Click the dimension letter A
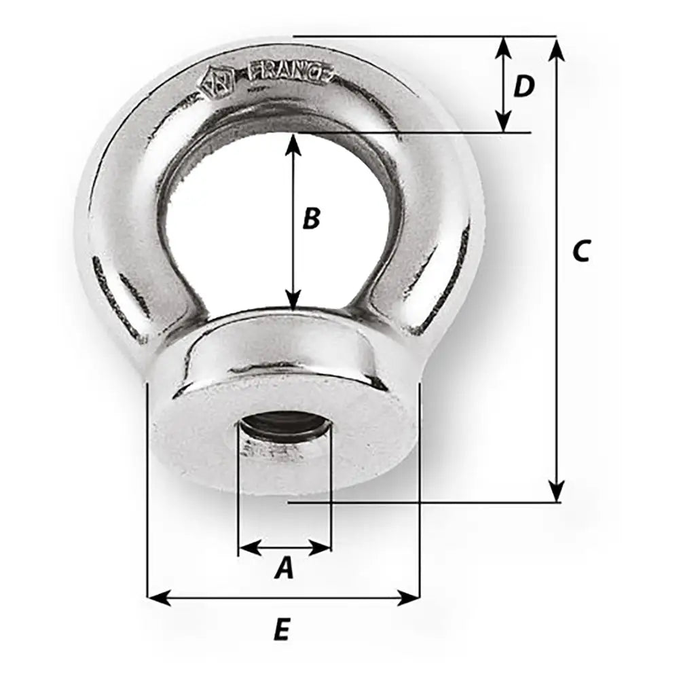(284, 568)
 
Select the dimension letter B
(310, 219)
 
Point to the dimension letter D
(523, 86)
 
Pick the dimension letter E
(282, 631)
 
